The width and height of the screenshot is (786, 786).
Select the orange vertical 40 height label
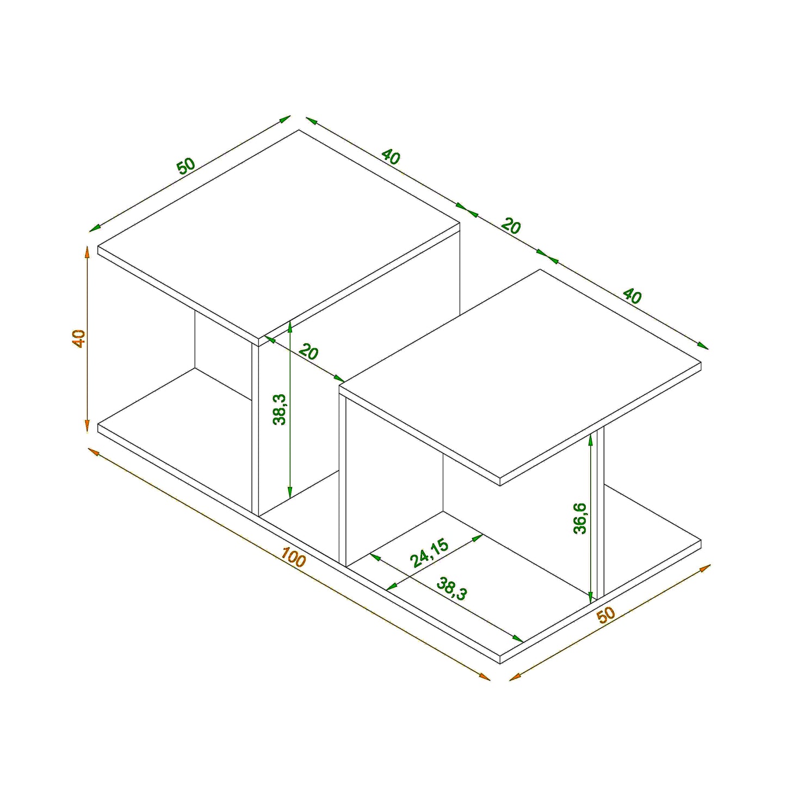(79, 338)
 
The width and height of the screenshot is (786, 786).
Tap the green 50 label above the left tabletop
(185, 166)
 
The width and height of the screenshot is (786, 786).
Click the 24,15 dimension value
(429, 553)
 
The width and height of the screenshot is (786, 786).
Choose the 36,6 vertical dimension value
(580, 518)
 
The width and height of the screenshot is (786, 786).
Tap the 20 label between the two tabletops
(308, 352)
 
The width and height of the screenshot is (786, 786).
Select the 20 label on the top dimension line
(511, 225)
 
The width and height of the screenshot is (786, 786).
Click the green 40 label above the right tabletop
(632, 296)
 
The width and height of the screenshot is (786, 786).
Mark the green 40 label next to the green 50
(391, 157)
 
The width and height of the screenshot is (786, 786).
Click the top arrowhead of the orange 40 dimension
(87, 252)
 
